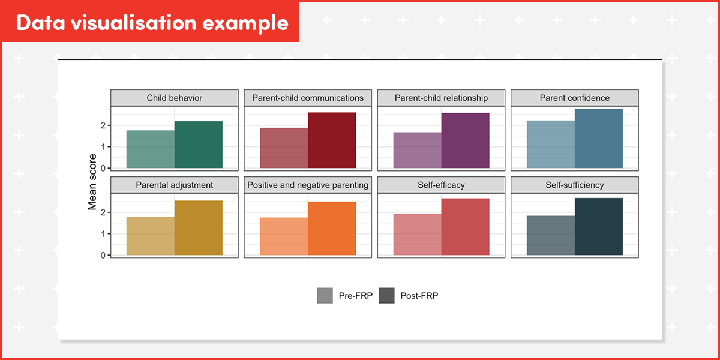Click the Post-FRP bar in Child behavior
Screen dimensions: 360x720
click(199, 145)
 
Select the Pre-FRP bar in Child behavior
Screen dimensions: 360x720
click(151, 149)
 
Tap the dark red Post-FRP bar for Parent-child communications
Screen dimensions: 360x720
click(332, 140)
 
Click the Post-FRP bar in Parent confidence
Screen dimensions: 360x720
click(599, 139)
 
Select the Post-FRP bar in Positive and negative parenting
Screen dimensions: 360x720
click(332, 229)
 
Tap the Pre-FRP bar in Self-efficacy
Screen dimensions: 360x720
click(418, 235)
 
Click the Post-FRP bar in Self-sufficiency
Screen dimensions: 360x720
click(599, 227)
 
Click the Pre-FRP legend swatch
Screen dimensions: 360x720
click(325, 296)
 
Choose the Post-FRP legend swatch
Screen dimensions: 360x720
click(387, 296)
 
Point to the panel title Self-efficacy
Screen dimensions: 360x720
click(441, 185)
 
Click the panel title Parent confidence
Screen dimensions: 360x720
click(574, 98)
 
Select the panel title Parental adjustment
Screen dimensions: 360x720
click(175, 185)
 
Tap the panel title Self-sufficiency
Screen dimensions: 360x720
click(574, 185)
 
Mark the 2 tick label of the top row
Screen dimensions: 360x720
click(104, 125)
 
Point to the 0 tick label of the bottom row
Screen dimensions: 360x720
click(104, 255)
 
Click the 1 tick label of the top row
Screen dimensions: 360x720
click(104, 147)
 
